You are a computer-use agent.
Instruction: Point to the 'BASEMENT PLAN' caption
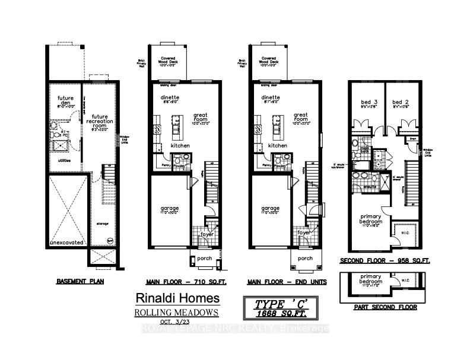click(80, 281)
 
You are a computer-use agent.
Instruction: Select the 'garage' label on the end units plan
click(270, 209)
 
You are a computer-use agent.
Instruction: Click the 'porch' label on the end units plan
click(305, 258)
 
